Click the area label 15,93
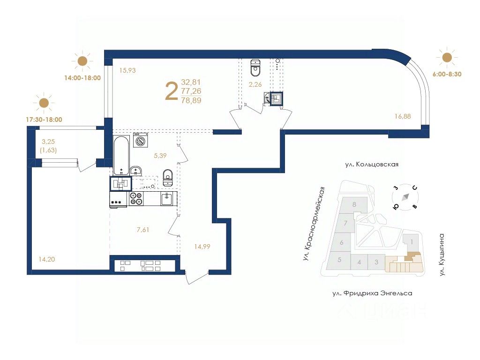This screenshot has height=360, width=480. tap(127, 70)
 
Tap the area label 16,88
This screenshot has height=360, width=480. tap(403, 116)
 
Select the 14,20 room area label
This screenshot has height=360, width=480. tap(47, 259)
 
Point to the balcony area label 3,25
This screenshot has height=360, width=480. tap(48, 142)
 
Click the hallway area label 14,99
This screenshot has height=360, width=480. tap(202, 247)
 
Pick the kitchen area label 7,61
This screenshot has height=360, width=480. tap(143, 230)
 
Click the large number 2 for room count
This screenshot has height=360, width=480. tap(171, 91)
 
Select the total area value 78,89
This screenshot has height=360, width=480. tap(191, 100)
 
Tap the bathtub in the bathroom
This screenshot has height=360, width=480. tap(121, 156)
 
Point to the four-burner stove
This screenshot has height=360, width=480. tap(136, 198)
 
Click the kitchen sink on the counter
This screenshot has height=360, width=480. tap(166, 199)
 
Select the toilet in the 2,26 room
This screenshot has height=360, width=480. tap(255, 67)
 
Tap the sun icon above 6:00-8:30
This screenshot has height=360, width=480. tap(447, 58)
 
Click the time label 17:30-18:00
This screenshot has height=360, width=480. tap(44, 120)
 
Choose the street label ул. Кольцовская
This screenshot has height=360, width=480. tap(372, 165)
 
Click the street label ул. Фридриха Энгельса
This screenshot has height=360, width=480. tap(372, 293)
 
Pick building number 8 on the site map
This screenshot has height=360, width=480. tap(354, 204)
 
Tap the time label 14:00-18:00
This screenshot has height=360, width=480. tap(82, 78)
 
